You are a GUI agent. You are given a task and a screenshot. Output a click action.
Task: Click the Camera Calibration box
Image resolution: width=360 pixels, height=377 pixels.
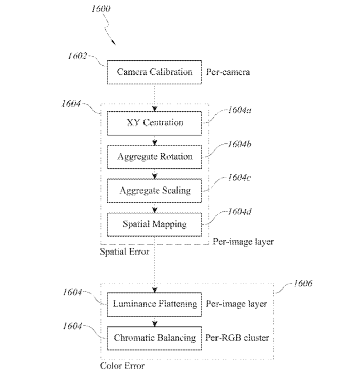pos(155,72)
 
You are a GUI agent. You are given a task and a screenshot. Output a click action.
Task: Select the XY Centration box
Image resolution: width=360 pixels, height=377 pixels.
pos(155,123)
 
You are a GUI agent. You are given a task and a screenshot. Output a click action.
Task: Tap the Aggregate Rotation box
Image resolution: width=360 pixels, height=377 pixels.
pos(155,157)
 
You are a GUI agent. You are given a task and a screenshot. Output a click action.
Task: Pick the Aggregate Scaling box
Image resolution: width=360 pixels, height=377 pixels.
pos(155,191)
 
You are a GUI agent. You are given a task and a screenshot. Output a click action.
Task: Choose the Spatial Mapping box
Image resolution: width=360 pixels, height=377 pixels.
pos(155,223)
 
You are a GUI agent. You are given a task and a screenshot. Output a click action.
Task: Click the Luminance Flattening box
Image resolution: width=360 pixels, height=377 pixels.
pos(155,304)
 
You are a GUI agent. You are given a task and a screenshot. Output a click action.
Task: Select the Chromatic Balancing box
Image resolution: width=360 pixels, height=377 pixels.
pos(155,338)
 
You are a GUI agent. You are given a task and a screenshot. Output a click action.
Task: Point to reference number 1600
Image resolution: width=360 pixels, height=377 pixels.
pos(102,9)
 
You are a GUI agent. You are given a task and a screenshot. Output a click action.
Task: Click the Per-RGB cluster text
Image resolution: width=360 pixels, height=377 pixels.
pos(238,338)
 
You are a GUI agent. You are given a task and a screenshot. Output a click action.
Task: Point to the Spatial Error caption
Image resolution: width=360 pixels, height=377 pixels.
pos(125,252)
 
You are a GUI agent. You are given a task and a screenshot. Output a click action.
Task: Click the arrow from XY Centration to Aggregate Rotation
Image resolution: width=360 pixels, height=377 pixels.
pos(155,140)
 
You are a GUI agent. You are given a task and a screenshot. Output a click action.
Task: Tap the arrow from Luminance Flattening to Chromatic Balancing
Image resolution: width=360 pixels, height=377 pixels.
pos(155,321)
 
